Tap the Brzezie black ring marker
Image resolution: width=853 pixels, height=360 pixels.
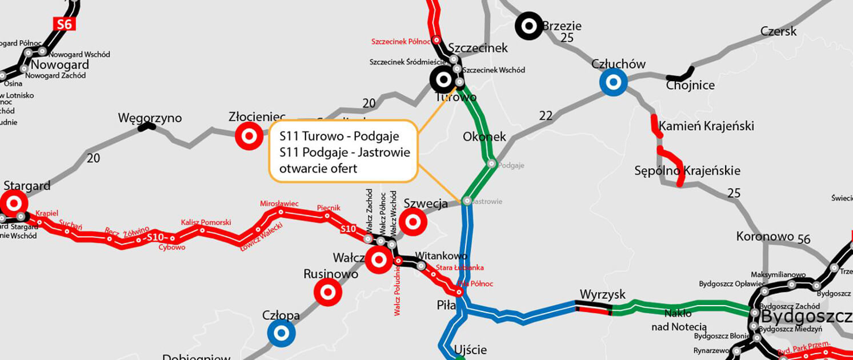tap(529, 26)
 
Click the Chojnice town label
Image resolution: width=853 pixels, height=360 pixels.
tap(690, 86)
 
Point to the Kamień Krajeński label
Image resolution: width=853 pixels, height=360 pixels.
tap(706, 126)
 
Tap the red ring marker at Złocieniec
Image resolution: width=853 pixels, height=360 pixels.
tap(249, 137)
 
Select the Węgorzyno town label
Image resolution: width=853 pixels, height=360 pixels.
tap(150, 118)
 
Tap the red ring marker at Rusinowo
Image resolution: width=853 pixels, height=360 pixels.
tap(328, 293)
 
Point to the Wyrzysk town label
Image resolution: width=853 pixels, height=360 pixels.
tap(602, 294)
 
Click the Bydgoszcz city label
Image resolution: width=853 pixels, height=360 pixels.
tap(806, 316)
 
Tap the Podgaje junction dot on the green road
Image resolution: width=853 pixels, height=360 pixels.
tap(491, 164)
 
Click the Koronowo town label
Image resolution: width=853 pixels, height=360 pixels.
tap(765, 236)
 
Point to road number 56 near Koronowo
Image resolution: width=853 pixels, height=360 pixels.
tap(804, 239)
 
